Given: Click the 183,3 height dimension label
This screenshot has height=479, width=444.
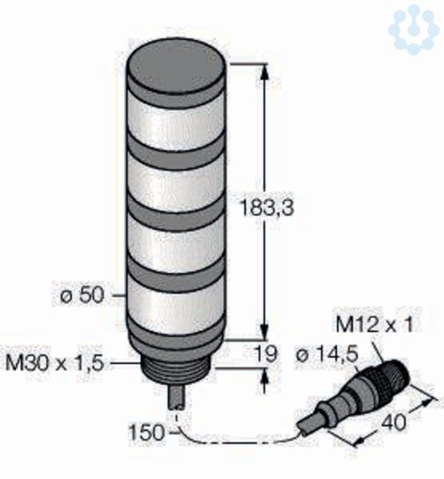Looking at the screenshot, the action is pos(267,207).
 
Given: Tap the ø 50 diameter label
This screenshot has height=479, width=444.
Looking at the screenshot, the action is pos(82,295).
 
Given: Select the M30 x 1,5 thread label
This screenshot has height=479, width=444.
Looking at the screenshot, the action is pos(55,363).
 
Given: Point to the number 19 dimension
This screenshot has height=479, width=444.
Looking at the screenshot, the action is pos(267,354).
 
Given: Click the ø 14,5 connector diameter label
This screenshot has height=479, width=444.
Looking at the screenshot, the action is pos(327,355).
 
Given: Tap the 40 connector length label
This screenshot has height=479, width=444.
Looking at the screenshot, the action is pos(394,422).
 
